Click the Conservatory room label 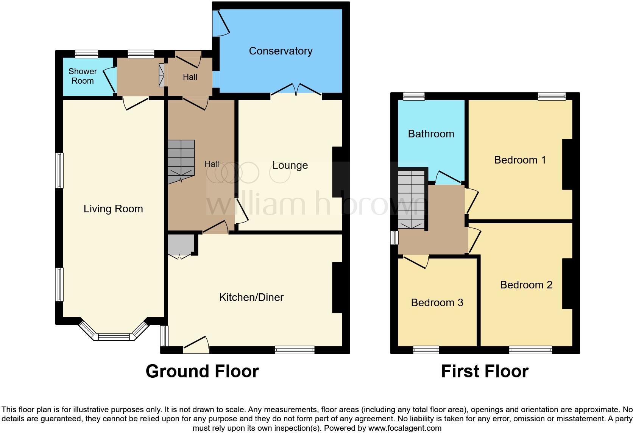click(x=281, y=51)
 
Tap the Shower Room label click(x=83, y=76)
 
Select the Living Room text click(x=113, y=209)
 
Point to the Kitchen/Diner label click(x=251, y=297)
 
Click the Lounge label click(x=290, y=165)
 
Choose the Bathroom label click(x=431, y=134)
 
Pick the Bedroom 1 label click(x=520, y=160)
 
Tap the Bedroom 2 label click(x=526, y=285)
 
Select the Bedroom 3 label click(x=437, y=303)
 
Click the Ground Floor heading click(x=202, y=371)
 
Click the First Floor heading click(x=485, y=371)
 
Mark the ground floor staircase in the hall click(x=181, y=161)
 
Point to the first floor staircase click(x=411, y=199)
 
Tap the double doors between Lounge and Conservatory click(x=296, y=90)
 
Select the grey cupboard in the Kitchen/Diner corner click(x=181, y=244)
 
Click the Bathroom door click(x=449, y=177)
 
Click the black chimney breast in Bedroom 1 click(x=567, y=164)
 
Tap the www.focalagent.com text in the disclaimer click(x=405, y=428)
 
